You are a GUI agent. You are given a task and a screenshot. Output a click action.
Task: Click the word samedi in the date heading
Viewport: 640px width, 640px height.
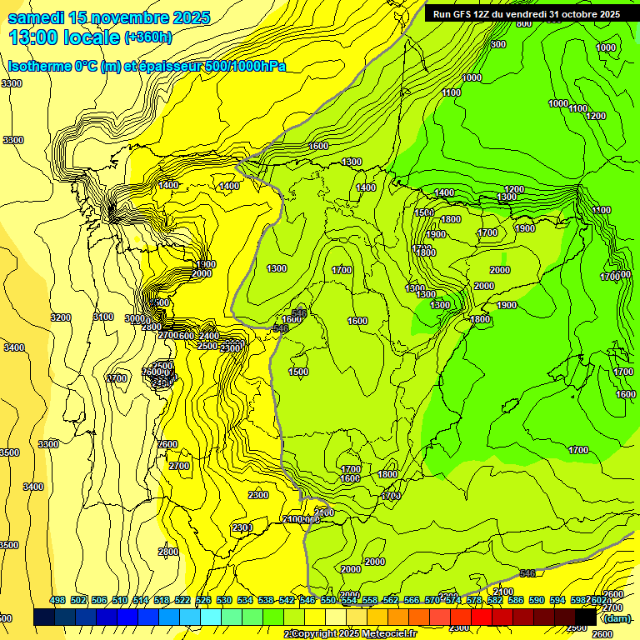point(34,17)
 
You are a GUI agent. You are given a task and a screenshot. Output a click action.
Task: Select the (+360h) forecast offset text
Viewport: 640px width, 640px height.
point(149,37)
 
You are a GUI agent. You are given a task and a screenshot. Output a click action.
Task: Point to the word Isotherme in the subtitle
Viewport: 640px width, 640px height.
point(38,66)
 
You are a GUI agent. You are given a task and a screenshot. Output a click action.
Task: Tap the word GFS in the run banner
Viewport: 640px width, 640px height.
point(466,14)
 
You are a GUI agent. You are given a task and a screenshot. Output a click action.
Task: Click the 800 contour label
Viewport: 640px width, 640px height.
point(524,23)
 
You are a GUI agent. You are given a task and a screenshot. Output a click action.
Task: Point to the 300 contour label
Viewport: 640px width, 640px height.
point(498,44)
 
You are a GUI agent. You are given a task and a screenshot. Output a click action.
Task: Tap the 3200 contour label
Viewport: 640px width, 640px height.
point(60,317)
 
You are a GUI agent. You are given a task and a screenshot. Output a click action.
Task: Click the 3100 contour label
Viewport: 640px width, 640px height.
point(102,317)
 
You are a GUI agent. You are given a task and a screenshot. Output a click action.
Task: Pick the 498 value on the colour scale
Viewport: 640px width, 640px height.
point(57,600)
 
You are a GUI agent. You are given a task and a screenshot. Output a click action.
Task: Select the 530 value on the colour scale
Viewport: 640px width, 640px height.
point(224,600)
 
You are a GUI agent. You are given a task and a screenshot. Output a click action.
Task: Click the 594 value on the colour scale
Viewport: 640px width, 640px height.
point(557,600)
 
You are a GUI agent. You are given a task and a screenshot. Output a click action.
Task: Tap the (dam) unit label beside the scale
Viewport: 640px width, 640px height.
point(617,617)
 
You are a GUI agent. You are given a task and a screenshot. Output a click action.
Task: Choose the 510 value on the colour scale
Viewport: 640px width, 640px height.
point(120,600)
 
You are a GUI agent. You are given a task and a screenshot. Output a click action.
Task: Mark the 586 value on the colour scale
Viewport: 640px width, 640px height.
point(516,600)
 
